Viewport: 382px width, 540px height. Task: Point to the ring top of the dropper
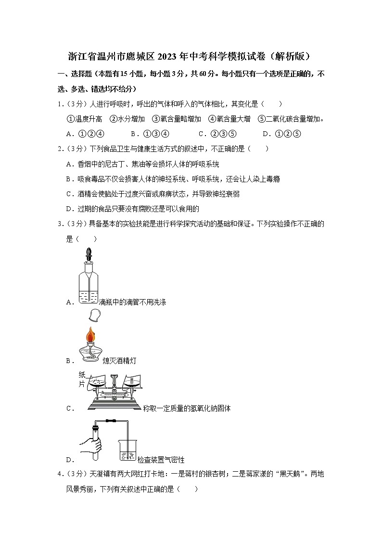point(89,252)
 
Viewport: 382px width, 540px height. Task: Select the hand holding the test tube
point(91,445)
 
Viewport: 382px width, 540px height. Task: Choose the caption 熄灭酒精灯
point(119,361)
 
